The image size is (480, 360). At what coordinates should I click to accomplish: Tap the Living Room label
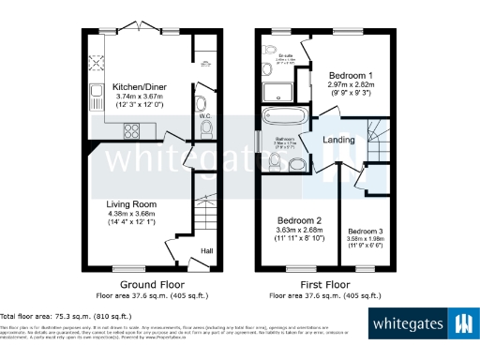click(x=131, y=203)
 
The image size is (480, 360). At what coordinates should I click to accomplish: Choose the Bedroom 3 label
click(x=367, y=231)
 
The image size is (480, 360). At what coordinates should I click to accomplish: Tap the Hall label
click(x=206, y=250)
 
